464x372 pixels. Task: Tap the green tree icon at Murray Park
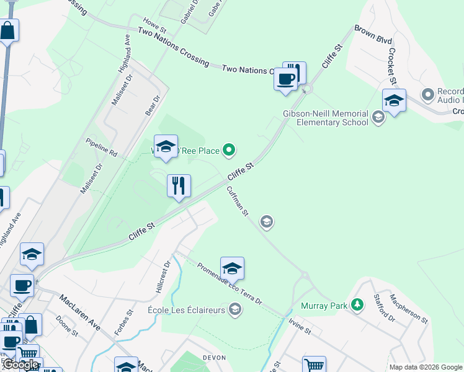click(x=357, y=305)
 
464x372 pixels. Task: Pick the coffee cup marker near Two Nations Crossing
click(x=285, y=80)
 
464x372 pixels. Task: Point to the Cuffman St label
click(x=237, y=201)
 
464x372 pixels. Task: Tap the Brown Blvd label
click(x=373, y=33)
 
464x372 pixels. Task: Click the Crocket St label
click(x=391, y=64)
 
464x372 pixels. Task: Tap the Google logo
click(x=20, y=365)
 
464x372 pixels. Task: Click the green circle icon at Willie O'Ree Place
click(x=229, y=149)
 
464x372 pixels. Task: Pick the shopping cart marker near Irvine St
click(x=314, y=365)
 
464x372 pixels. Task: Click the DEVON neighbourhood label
click(x=215, y=358)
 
